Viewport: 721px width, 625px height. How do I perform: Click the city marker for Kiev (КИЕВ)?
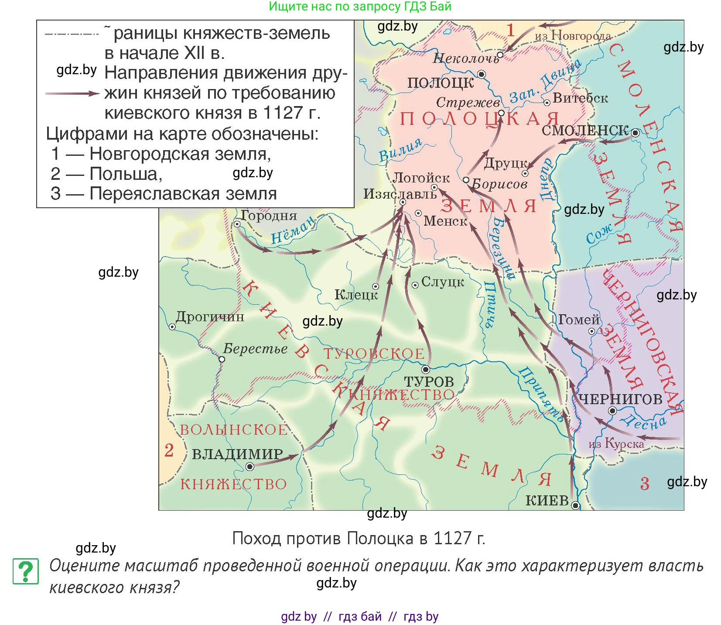pyautogui.click(x=576, y=506)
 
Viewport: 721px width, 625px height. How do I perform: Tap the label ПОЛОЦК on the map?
pyautogui.click(x=440, y=83)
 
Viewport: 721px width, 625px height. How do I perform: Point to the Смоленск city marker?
pyautogui.click(x=636, y=133)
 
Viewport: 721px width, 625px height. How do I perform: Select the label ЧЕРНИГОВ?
pyautogui.click(x=620, y=399)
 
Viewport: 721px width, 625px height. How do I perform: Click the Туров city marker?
pyautogui.click(x=426, y=370)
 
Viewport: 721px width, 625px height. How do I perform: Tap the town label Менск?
pyautogui.click(x=445, y=221)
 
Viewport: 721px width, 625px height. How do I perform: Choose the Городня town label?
pyautogui.click(x=269, y=215)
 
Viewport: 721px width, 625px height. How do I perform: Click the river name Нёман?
pyautogui.click(x=293, y=230)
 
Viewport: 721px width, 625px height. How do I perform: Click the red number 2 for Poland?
pyautogui.click(x=169, y=450)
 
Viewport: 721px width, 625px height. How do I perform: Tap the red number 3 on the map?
pyautogui.click(x=645, y=484)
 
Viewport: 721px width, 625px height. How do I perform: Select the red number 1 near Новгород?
pyautogui.click(x=511, y=30)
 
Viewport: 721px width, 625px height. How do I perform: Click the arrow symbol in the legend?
pyautogui.click(x=72, y=93)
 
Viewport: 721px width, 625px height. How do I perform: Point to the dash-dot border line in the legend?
pyautogui.click(x=72, y=34)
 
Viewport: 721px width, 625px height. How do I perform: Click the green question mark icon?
pyautogui.click(x=26, y=571)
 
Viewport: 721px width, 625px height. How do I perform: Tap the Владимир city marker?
pyautogui.click(x=250, y=467)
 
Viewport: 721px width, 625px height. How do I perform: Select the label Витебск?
pyautogui.click(x=580, y=99)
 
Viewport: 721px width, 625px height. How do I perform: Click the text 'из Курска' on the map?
pyautogui.click(x=616, y=444)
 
